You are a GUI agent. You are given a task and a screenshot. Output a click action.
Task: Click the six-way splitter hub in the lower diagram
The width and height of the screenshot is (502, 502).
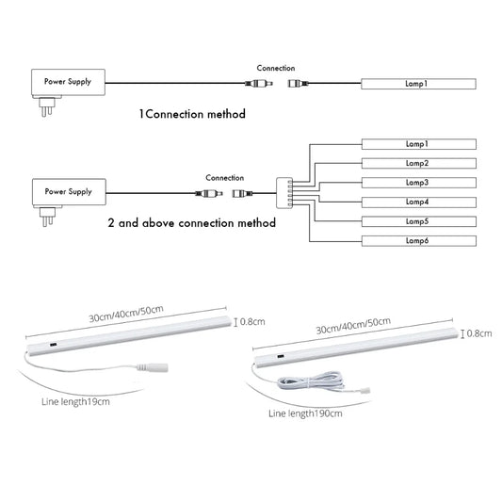(280, 191)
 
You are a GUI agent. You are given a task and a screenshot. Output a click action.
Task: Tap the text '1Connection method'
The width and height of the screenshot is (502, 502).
(192, 114)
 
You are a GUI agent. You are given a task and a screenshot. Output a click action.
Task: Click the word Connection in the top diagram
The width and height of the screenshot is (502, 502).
(276, 69)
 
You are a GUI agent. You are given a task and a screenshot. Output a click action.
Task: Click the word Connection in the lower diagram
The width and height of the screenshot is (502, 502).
(225, 177)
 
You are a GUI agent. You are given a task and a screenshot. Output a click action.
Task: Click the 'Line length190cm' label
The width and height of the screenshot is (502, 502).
(306, 413)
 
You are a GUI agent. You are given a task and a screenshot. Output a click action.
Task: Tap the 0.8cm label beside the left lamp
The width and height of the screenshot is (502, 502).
(253, 322)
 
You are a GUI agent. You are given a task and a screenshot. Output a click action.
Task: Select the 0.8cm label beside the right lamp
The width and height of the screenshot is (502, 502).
(480, 333)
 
